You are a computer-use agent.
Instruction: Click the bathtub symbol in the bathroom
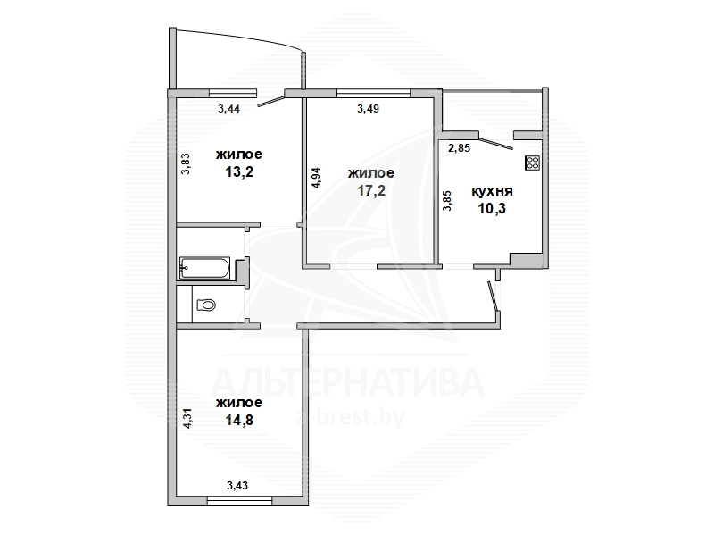click(205, 268)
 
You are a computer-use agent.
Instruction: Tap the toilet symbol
click(206, 305)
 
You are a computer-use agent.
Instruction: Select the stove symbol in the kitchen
click(532, 163)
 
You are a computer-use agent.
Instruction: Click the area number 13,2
click(239, 171)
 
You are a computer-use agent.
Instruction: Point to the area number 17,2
click(371, 190)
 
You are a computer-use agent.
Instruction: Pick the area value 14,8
click(239, 420)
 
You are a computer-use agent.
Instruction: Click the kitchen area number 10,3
click(492, 209)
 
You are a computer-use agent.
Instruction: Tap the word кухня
click(492, 191)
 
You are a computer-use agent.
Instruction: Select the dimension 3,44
click(229, 108)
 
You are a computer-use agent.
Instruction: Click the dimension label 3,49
click(368, 108)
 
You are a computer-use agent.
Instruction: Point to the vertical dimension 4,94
click(316, 178)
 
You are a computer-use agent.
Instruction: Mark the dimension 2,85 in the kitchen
click(459, 147)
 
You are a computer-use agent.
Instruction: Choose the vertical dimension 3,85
click(448, 200)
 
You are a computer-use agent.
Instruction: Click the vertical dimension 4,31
click(187, 418)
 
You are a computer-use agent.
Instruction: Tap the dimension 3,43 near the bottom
click(237, 486)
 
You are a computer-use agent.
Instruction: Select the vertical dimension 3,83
click(186, 163)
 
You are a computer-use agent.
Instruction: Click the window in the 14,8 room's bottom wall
click(239, 501)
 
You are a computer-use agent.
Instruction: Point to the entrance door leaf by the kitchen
click(493, 297)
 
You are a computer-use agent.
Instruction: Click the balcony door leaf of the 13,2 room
click(271, 101)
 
